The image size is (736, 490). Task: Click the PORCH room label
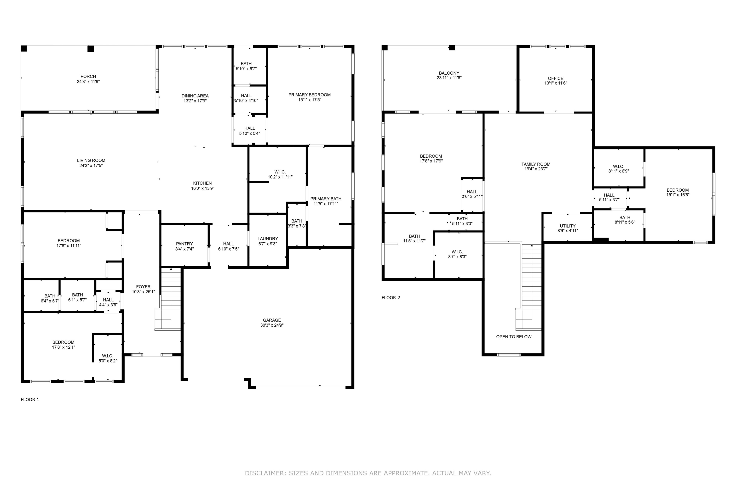tap(88, 76)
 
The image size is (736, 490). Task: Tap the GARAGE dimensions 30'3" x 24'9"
tap(272, 325)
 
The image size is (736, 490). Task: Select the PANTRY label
tap(184, 244)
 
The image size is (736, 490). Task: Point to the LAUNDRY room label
tap(268, 239)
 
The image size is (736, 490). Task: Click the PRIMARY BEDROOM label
tap(310, 95)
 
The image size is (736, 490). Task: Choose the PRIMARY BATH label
tap(326, 199)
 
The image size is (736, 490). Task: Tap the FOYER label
tap(143, 287)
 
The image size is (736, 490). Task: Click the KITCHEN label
tap(202, 183)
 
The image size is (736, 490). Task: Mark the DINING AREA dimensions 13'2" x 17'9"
tap(195, 101)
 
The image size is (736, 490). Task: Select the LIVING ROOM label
tap(91, 160)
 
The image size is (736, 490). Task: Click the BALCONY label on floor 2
tap(449, 73)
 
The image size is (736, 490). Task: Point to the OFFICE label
tap(555, 78)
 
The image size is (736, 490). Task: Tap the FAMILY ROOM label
tap(536, 164)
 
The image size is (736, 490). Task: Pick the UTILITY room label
tap(568, 226)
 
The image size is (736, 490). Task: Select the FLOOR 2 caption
tap(391, 297)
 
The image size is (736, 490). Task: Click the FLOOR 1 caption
tap(30, 399)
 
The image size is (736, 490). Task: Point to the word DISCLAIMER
tap(265, 473)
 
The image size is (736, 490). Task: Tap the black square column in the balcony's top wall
tap(452, 48)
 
